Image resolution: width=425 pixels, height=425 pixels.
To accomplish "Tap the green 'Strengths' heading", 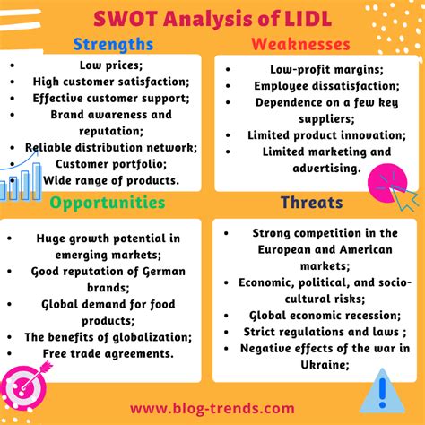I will pos(112,44).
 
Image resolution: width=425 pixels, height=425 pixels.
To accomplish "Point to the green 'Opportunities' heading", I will pos(108,203).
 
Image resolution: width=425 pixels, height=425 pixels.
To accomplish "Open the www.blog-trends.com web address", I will pos(212,408).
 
